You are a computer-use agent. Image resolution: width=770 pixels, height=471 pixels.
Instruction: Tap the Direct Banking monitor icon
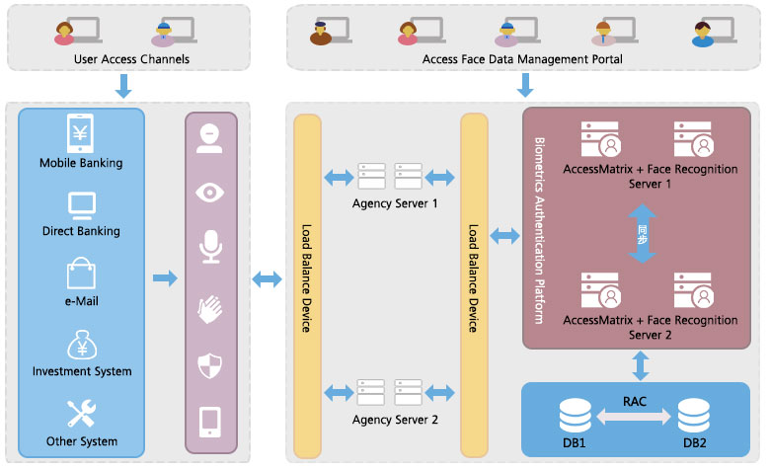pyautogui.click(x=80, y=204)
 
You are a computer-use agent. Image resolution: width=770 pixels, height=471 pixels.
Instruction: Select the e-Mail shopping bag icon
pyautogui.click(x=80, y=274)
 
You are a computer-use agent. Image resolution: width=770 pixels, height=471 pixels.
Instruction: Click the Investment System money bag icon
pyautogui.click(x=80, y=344)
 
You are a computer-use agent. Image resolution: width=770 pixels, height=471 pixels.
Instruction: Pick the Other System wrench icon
pyautogui.click(x=80, y=413)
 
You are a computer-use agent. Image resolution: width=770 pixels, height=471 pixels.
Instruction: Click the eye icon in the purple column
pyautogui.click(x=210, y=192)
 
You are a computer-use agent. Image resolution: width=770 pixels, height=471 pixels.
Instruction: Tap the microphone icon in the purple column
pyautogui.click(x=210, y=247)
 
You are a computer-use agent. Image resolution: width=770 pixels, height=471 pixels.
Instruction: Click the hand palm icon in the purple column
pyautogui.click(x=210, y=308)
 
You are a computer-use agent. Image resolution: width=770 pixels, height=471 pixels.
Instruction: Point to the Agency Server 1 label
pyautogui.click(x=394, y=203)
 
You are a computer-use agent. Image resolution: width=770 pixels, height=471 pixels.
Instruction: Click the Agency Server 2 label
pyautogui.click(x=394, y=420)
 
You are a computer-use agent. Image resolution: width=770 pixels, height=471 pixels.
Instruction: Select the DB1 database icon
pyautogui.click(x=575, y=414)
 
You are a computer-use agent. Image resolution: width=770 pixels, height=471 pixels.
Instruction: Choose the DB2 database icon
pyautogui.click(x=694, y=414)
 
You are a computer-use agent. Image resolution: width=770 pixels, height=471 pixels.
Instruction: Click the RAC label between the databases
pyautogui.click(x=635, y=402)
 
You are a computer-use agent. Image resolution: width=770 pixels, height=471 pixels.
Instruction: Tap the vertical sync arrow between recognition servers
pyautogui.click(x=642, y=234)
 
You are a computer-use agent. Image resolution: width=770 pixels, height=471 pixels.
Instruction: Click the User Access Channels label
pyautogui.click(x=131, y=59)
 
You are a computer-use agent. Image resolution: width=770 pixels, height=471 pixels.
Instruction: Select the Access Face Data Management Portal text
pyautogui.click(x=522, y=59)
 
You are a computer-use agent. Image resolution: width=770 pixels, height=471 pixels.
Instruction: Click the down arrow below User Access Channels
pyautogui.click(x=123, y=88)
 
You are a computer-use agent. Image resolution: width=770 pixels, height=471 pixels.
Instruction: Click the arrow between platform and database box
pyautogui.click(x=642, y=365)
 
